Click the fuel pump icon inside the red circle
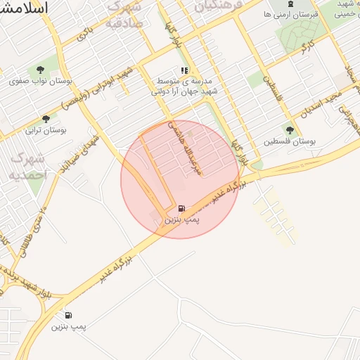click(x=182, y=208)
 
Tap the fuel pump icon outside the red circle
click(x=68, y=315)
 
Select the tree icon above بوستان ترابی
click(x=46, y=119)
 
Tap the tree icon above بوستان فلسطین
click(x=290, y=129)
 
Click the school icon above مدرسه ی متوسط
click(x=184, y=70)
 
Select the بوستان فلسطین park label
click(x=290, y=141)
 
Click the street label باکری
click(x=84, y=32)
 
